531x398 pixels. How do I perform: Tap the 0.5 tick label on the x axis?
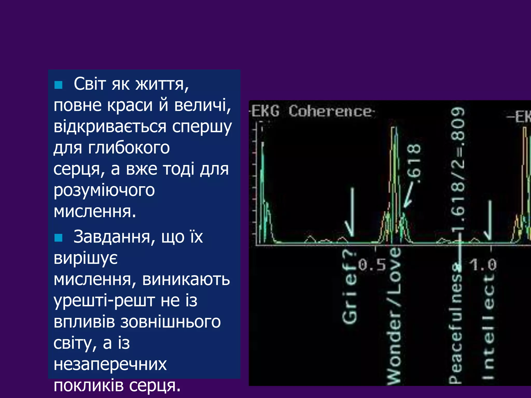[372, 265]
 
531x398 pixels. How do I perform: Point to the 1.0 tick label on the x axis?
[484, 265]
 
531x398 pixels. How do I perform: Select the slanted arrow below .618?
[410, 196]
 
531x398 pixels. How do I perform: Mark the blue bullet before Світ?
[59, 85]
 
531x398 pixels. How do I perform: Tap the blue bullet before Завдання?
[59, 238]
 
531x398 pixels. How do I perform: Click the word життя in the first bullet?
[162, 84]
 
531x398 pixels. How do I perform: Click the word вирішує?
[86, 258]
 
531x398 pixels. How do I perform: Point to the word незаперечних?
[110, 364]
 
